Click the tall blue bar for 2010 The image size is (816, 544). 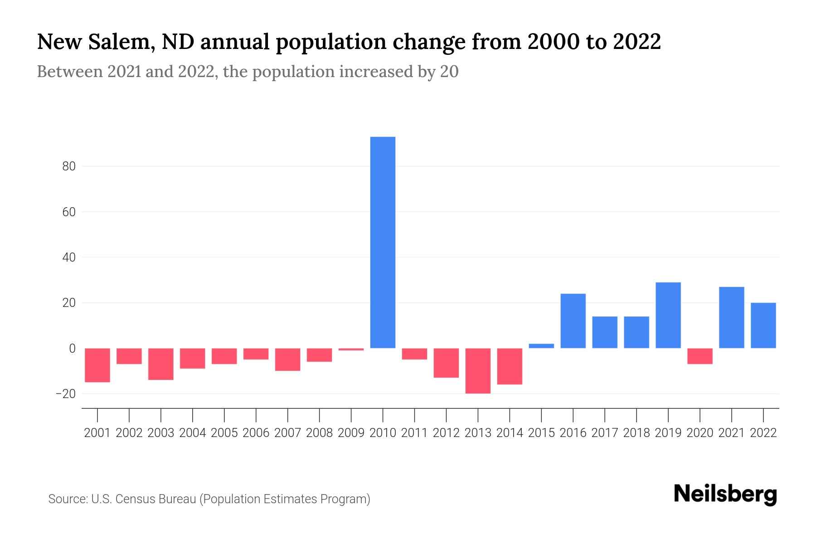[x=383, y=243]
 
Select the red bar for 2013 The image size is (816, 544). [x=478, y=371]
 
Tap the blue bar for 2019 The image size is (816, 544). [x=668, y=316]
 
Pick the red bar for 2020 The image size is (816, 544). [x=700, y=356]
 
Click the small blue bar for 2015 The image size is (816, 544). [x=541, y=346]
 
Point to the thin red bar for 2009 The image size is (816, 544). [x=351, y=350]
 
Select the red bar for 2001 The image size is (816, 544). [x=97, y=365]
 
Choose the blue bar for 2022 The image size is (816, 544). [x=763, y=325]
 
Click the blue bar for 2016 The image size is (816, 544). [x=573, y=321]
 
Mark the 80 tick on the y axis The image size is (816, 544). [x=69, y=167]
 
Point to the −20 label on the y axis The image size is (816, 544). [x=66, y=394]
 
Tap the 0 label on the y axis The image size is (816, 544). [x=72, y=349]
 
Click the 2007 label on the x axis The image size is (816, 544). [x=287, y=433]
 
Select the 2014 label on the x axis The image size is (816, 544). [x=510, y=433]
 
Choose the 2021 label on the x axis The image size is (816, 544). [x=732, y=433]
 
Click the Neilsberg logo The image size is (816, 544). [x=725, y=495]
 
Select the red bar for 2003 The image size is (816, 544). [x=161, y=364]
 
